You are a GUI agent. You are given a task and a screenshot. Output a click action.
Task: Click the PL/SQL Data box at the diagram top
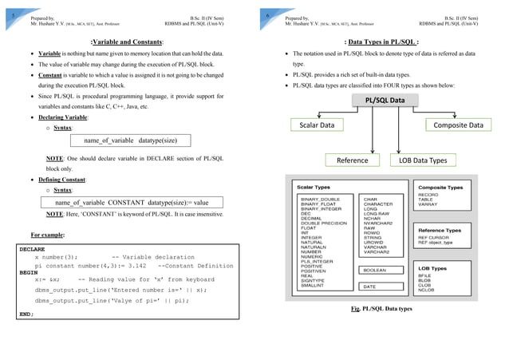pos(392,100)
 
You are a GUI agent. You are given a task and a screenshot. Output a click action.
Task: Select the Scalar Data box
pos(316,125)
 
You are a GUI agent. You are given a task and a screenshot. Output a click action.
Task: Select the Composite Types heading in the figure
pos(440,187)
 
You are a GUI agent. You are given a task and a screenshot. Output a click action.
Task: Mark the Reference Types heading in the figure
pos(440,230)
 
